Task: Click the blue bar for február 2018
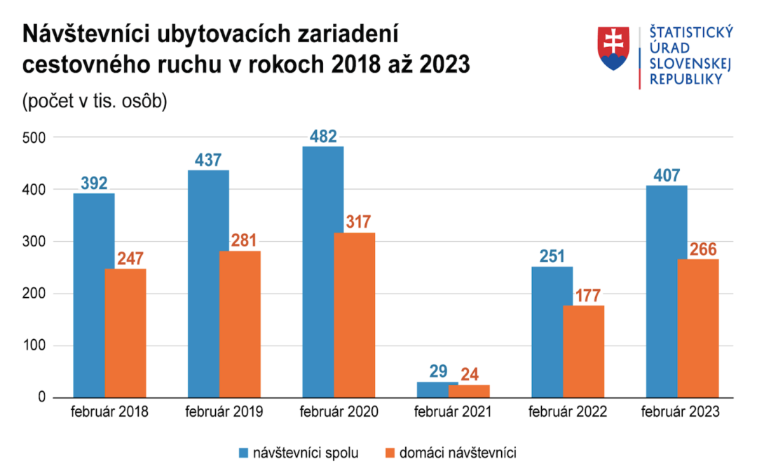[94, 295]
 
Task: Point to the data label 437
[208, 160]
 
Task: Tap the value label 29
[438, 371]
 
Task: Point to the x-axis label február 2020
[339, 412]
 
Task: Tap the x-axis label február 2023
[680, 412]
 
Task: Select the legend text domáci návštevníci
[458, 453]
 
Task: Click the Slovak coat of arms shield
[614, 48]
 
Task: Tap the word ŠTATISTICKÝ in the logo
[691, 32]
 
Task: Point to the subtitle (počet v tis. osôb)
[95, 101]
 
